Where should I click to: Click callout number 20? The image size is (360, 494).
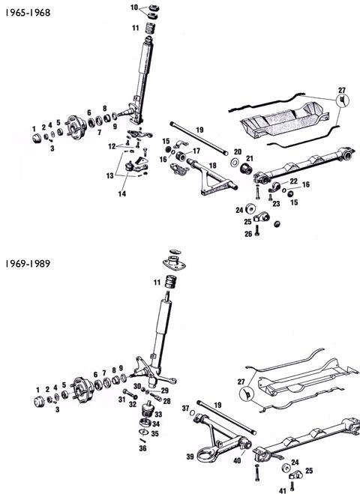tap(237, 151)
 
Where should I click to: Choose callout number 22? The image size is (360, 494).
tap(293, 182)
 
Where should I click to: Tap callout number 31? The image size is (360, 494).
tap(121, 399)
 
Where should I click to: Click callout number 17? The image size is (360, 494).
tap(196, 151)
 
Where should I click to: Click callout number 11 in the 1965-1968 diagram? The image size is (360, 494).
tap(135, 28)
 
